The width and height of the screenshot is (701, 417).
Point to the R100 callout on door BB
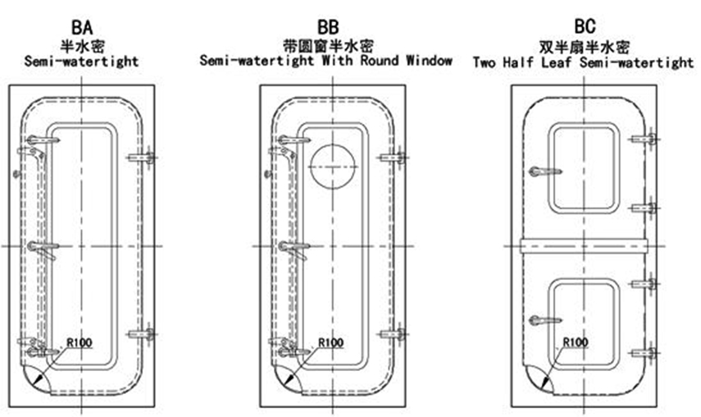point(330,342)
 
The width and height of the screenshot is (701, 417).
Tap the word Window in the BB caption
point(430,61)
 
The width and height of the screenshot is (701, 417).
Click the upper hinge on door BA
point(142,158)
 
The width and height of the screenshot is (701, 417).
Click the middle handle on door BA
point(42,246)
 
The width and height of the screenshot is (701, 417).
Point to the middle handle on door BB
point(293,246)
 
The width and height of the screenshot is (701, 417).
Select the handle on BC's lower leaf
point(544,319)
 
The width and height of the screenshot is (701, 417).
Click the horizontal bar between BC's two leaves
point(583,245)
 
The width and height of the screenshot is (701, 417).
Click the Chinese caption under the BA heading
point(81,47)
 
